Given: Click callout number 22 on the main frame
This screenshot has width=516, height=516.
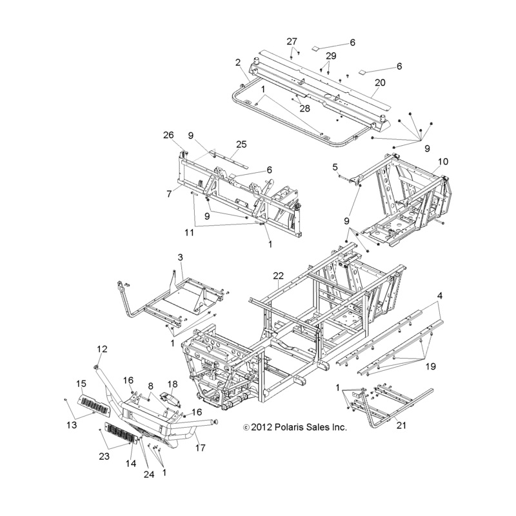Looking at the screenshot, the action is tap(278, 275).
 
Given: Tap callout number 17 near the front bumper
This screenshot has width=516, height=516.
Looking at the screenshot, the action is tap(201, 448).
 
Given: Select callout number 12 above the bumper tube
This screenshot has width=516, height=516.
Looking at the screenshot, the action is tap(102, 349).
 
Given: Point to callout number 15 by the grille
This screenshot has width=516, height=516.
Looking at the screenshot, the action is tap(81, 384).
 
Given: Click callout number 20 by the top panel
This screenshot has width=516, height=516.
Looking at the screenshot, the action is tap(380, 83).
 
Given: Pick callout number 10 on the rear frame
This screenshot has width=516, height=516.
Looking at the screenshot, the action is tap(443, 162).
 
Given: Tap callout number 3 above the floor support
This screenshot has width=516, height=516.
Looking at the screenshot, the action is tap(181, 257).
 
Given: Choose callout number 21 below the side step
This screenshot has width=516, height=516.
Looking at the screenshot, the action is tap(401, 426).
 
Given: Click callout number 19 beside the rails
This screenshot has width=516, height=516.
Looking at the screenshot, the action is tap(431, 366).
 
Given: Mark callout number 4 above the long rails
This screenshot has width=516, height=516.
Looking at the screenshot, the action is tap(440, 295).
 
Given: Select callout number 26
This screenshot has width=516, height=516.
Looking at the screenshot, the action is tap(168, 135).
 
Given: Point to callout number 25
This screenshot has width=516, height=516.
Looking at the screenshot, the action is tap(241, 144).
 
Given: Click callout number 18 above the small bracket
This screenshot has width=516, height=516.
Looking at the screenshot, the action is tap(172, 384).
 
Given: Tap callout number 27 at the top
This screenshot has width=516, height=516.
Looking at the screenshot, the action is tap(292, 41).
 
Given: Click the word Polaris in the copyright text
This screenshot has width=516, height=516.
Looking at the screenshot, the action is tap(292, 427).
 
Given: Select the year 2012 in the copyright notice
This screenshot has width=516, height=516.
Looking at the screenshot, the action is tap(262, 427).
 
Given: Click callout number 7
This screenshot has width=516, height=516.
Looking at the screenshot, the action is tap(169, 194).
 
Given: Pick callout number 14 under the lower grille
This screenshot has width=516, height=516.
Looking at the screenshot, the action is tap(131, 463).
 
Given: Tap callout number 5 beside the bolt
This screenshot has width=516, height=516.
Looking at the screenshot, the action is tap(335, 167).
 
